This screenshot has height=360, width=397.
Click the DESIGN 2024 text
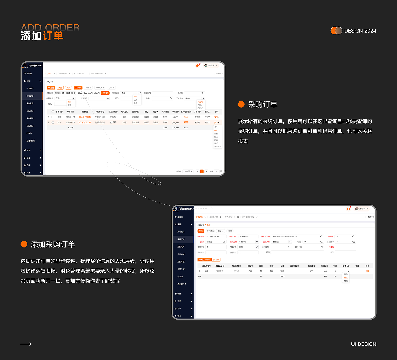click(x=360, y=31)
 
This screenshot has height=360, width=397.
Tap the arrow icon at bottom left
click(x=26, y=344)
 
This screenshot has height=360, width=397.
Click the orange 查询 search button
click(x=51, y=88)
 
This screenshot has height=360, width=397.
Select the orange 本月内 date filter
click(x=105, y=93)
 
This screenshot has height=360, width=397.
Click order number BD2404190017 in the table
click(x=85, y=117)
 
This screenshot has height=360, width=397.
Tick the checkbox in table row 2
click(x=53, y=123)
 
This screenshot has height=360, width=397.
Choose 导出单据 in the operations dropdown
click(x=217, y=146)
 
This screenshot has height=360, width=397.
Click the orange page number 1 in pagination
click(x=202, y=171)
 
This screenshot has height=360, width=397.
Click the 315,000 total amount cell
click(x=176, y=128)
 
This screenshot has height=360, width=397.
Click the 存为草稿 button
click(x=210, y=231)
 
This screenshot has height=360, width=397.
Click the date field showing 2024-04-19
click(x=247, y=236)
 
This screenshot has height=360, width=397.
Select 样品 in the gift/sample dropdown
click(x=346, y=278)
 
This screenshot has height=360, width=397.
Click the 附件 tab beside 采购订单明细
click(x=216, y=259)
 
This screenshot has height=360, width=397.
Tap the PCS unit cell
click(x=250, y=271)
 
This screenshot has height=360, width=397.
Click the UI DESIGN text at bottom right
click(x=364, y=344)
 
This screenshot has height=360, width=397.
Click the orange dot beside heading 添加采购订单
click(x=24, y=244)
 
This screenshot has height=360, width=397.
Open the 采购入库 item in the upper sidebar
click(x=30, y=103)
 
